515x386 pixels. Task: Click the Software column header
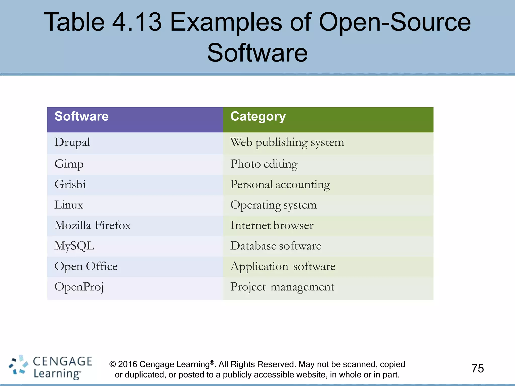(81, 117)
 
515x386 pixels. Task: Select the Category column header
(258, 117)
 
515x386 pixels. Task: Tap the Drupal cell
(72, 142)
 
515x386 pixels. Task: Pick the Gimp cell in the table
(69, 164)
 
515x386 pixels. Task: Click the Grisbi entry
(70, 184)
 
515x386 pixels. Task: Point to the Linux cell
(69, 205)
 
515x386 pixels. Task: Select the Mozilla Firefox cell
(93, 225)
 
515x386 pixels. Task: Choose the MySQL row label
(74, 246)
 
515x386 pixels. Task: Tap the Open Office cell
(86, 266)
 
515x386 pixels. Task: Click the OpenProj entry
(79, 287)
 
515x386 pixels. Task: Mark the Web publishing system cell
(287, 142)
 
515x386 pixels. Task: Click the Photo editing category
(264, 164)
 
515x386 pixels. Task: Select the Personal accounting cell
(280, 184)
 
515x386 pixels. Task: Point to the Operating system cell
(274, 205)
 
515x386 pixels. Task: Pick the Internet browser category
(272, 225)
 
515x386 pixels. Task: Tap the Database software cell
(276, 246)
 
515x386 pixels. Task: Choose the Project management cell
(282, 287)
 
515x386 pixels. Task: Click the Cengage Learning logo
(50, 367)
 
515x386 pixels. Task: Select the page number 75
(478, 369)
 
